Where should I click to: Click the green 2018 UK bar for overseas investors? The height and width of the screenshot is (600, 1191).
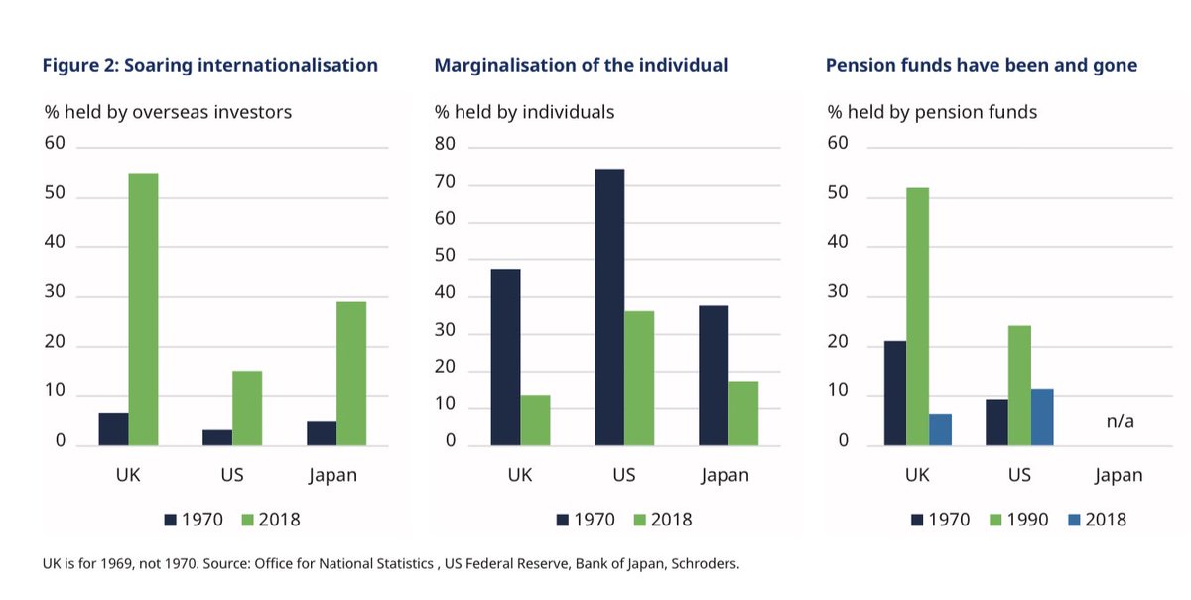point(143,309)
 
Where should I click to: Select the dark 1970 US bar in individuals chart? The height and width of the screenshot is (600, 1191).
point(609,307)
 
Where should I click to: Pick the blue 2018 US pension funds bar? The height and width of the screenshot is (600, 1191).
point(1041,417)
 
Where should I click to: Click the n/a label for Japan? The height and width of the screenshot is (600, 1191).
point(1120,421)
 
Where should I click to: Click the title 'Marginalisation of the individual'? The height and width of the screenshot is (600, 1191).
point(581,65)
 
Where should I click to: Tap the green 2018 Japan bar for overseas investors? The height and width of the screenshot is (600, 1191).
point(351,373)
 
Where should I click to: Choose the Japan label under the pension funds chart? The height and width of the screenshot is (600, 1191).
point(1119,475)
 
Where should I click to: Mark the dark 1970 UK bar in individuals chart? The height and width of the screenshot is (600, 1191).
point(505,357)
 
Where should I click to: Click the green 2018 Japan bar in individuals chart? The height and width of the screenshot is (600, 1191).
point(743,413)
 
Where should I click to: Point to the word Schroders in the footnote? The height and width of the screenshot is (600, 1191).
point(705,564)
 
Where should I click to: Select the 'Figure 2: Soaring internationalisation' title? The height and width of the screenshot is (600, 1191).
point(209,65)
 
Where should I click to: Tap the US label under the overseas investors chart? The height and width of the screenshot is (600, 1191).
point(231,475)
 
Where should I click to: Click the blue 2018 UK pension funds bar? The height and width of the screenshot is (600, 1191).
point(940,429)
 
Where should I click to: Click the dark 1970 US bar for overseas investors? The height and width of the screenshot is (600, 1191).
point(217,437)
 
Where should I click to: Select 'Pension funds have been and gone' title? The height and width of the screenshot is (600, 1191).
point(981,65)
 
